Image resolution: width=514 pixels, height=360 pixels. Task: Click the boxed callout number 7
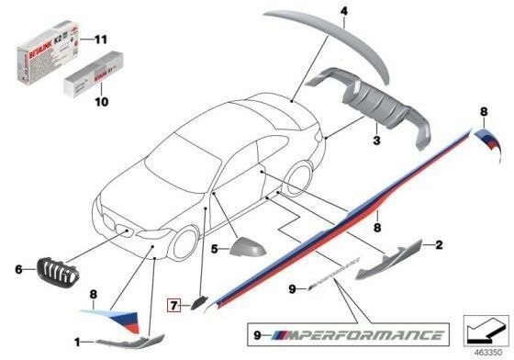tap(172, 300)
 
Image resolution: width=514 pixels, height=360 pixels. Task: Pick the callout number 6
tap(19, 269)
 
